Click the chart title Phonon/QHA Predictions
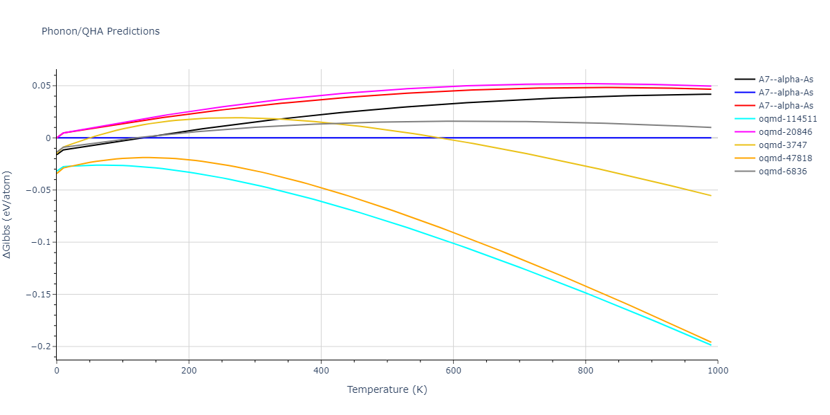coord(100,31)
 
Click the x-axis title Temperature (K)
coord(387,389)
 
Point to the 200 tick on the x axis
coord(189,371)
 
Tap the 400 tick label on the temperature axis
coord(321,371)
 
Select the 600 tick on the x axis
coord(453,371)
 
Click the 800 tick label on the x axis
coord(585,371)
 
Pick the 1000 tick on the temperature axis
coord(717,371)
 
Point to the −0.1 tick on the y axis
coord(39,242)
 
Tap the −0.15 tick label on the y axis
coord(36,295)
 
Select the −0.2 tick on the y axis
coord(39,347)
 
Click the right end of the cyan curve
coord(711,345)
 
